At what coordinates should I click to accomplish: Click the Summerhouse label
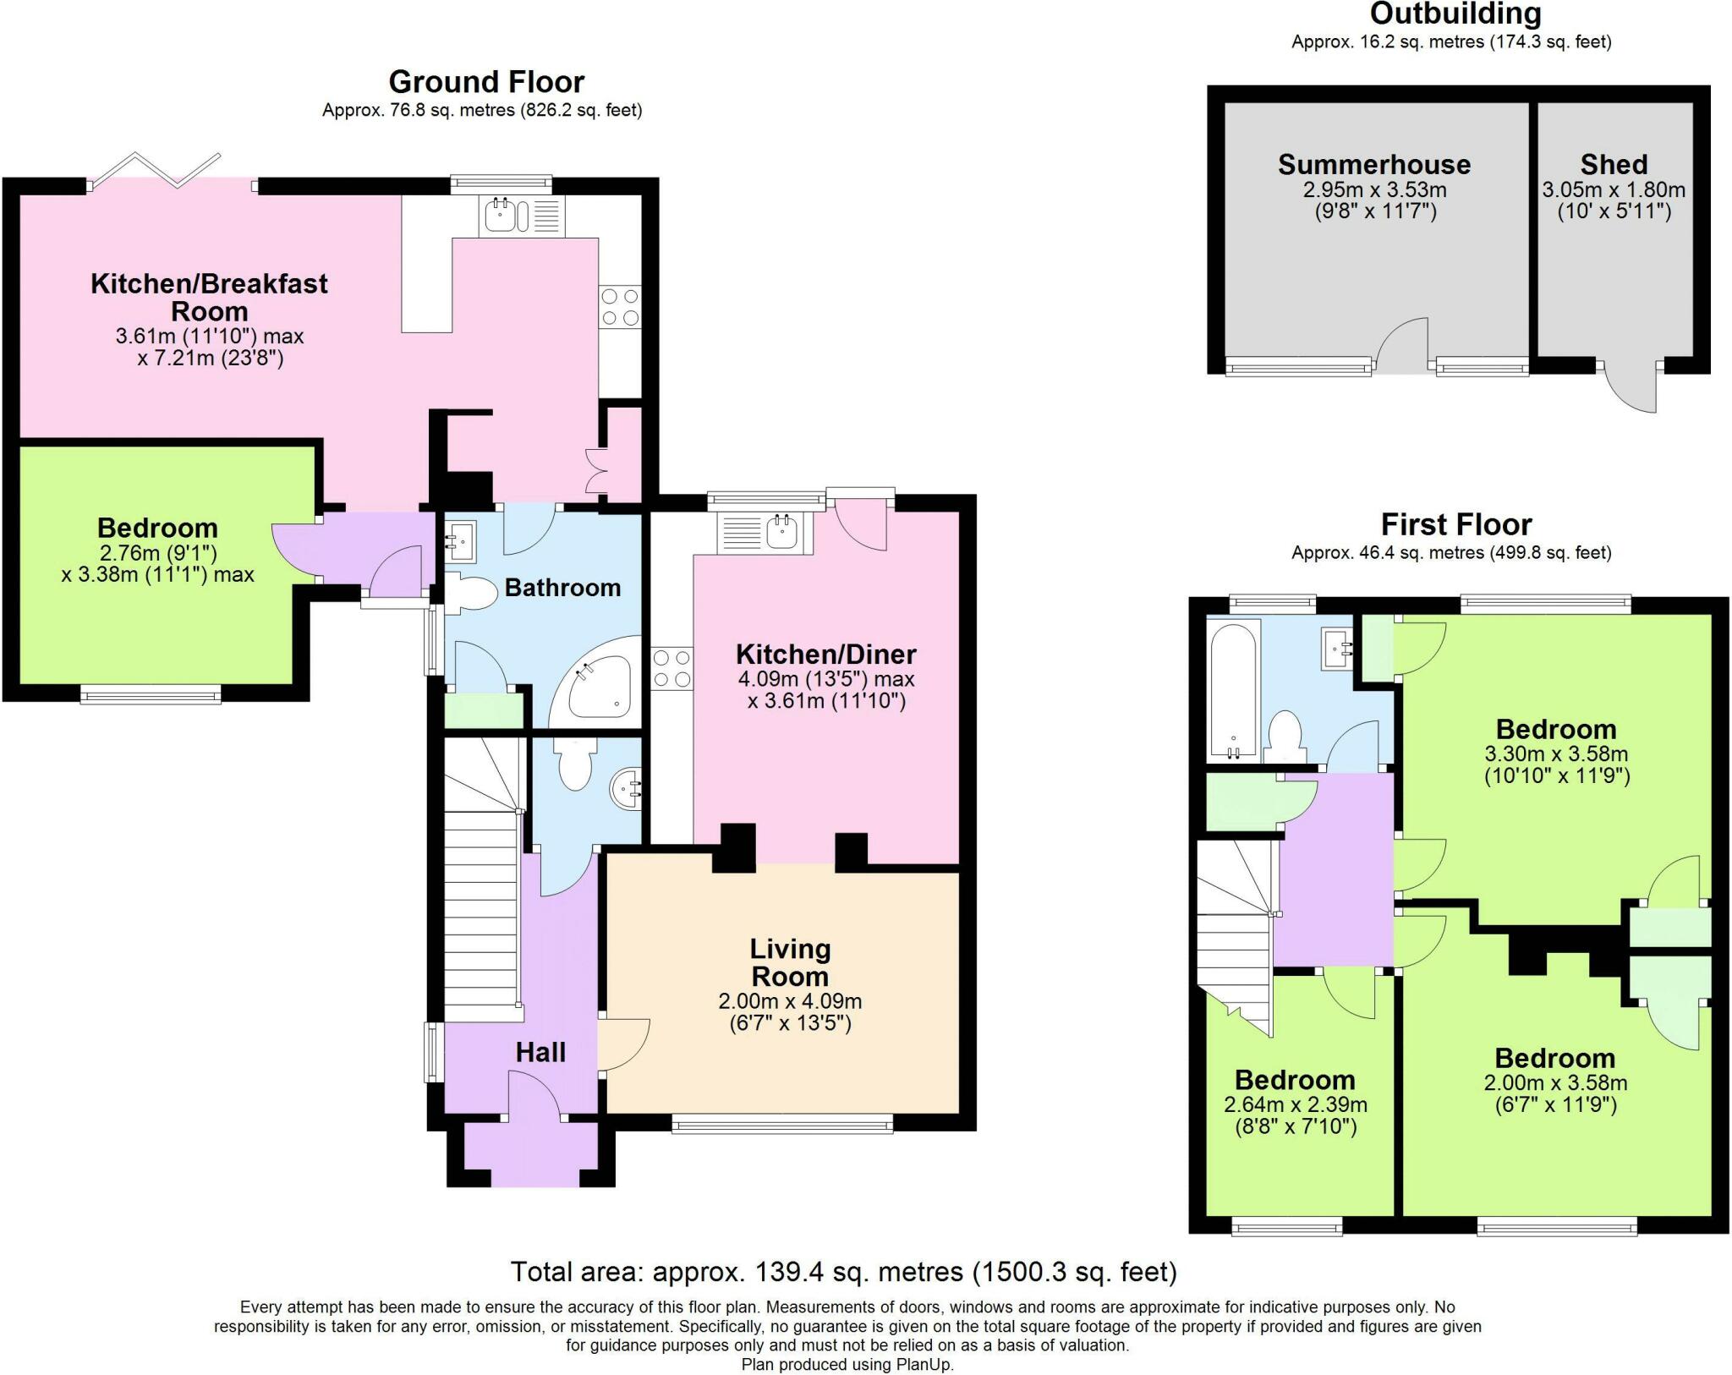1373,164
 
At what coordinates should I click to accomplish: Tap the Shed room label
1614,164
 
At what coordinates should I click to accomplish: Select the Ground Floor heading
486,82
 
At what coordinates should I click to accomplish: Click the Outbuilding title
1455,14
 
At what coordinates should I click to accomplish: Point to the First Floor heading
1455,525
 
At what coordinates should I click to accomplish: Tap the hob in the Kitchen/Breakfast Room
620,307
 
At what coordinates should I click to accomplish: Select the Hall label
540,1053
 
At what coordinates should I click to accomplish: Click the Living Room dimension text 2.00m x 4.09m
790,1002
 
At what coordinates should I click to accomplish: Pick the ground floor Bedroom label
157,529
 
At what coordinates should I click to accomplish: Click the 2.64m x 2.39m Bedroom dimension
1295,1104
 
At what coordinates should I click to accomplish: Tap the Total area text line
843,1272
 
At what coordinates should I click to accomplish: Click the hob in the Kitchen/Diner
672,668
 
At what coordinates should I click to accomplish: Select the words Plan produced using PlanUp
847,1364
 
